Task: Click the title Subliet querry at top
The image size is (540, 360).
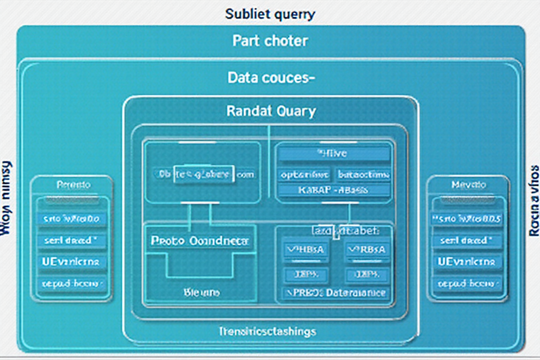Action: click(x=270, y=14)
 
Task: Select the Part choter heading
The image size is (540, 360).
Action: click(x=270, y=41)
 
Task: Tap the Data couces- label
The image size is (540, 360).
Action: click(x=270, y=78)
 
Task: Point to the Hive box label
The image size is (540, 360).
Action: click(x=333, y=154)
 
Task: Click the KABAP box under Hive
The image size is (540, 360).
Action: click(x=333, y=190)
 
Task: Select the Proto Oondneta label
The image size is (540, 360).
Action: click(x=200, y=241)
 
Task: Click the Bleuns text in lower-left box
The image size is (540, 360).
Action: click(x=202, y=292)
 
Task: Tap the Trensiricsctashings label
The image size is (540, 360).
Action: click(x=267, y=332)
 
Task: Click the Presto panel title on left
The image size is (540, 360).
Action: click(x=73, y=184)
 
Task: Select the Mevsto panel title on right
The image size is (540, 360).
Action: click(x=468, y=184)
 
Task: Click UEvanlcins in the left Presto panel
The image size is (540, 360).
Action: click(x=72, y=262)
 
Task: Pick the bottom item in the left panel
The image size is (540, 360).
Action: click(x=72, y=284)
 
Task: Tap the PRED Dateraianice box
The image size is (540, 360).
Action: click(x=334, y=293)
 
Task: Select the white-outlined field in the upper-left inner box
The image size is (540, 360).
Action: click(x=203, y=175)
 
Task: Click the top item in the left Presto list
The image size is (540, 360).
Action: click(x=72, y=219)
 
